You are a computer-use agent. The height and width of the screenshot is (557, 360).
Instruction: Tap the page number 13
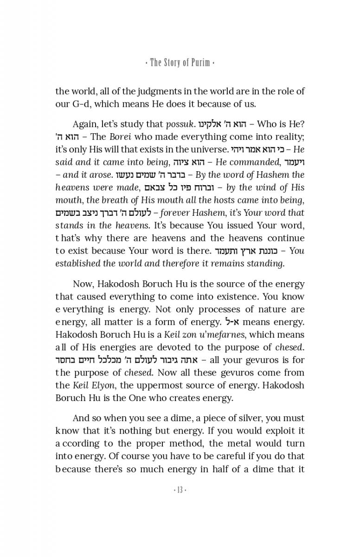(x=180, y=491)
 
